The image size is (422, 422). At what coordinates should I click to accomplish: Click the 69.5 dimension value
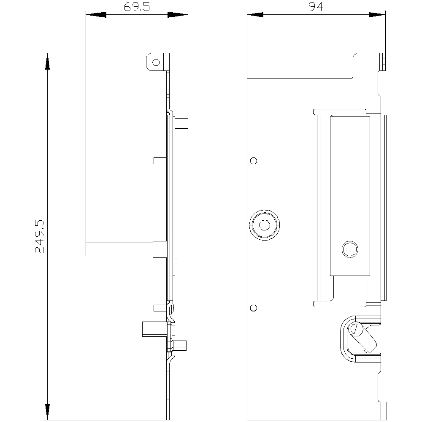click(x=137, y=7)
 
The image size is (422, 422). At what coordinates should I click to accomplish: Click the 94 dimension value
click(x=316, y=7)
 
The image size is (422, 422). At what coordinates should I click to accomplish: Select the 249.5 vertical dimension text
click(x=39, y=237)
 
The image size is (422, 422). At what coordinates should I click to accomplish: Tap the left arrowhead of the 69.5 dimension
click(x=96, y=15)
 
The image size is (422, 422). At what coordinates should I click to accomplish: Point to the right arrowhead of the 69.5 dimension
click(x=178, y=15)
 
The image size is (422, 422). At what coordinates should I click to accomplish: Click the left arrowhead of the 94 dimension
click(x=255, y=15)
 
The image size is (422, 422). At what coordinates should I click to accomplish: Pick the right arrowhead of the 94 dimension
click(x=377, y=15)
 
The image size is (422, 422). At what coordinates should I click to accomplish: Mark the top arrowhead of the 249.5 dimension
click(x=47, y=61)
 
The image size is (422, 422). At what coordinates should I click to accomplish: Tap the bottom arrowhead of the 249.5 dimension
click(x=47, y=412)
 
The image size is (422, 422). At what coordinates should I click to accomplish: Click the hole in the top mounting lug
click(x=156, y=62)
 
